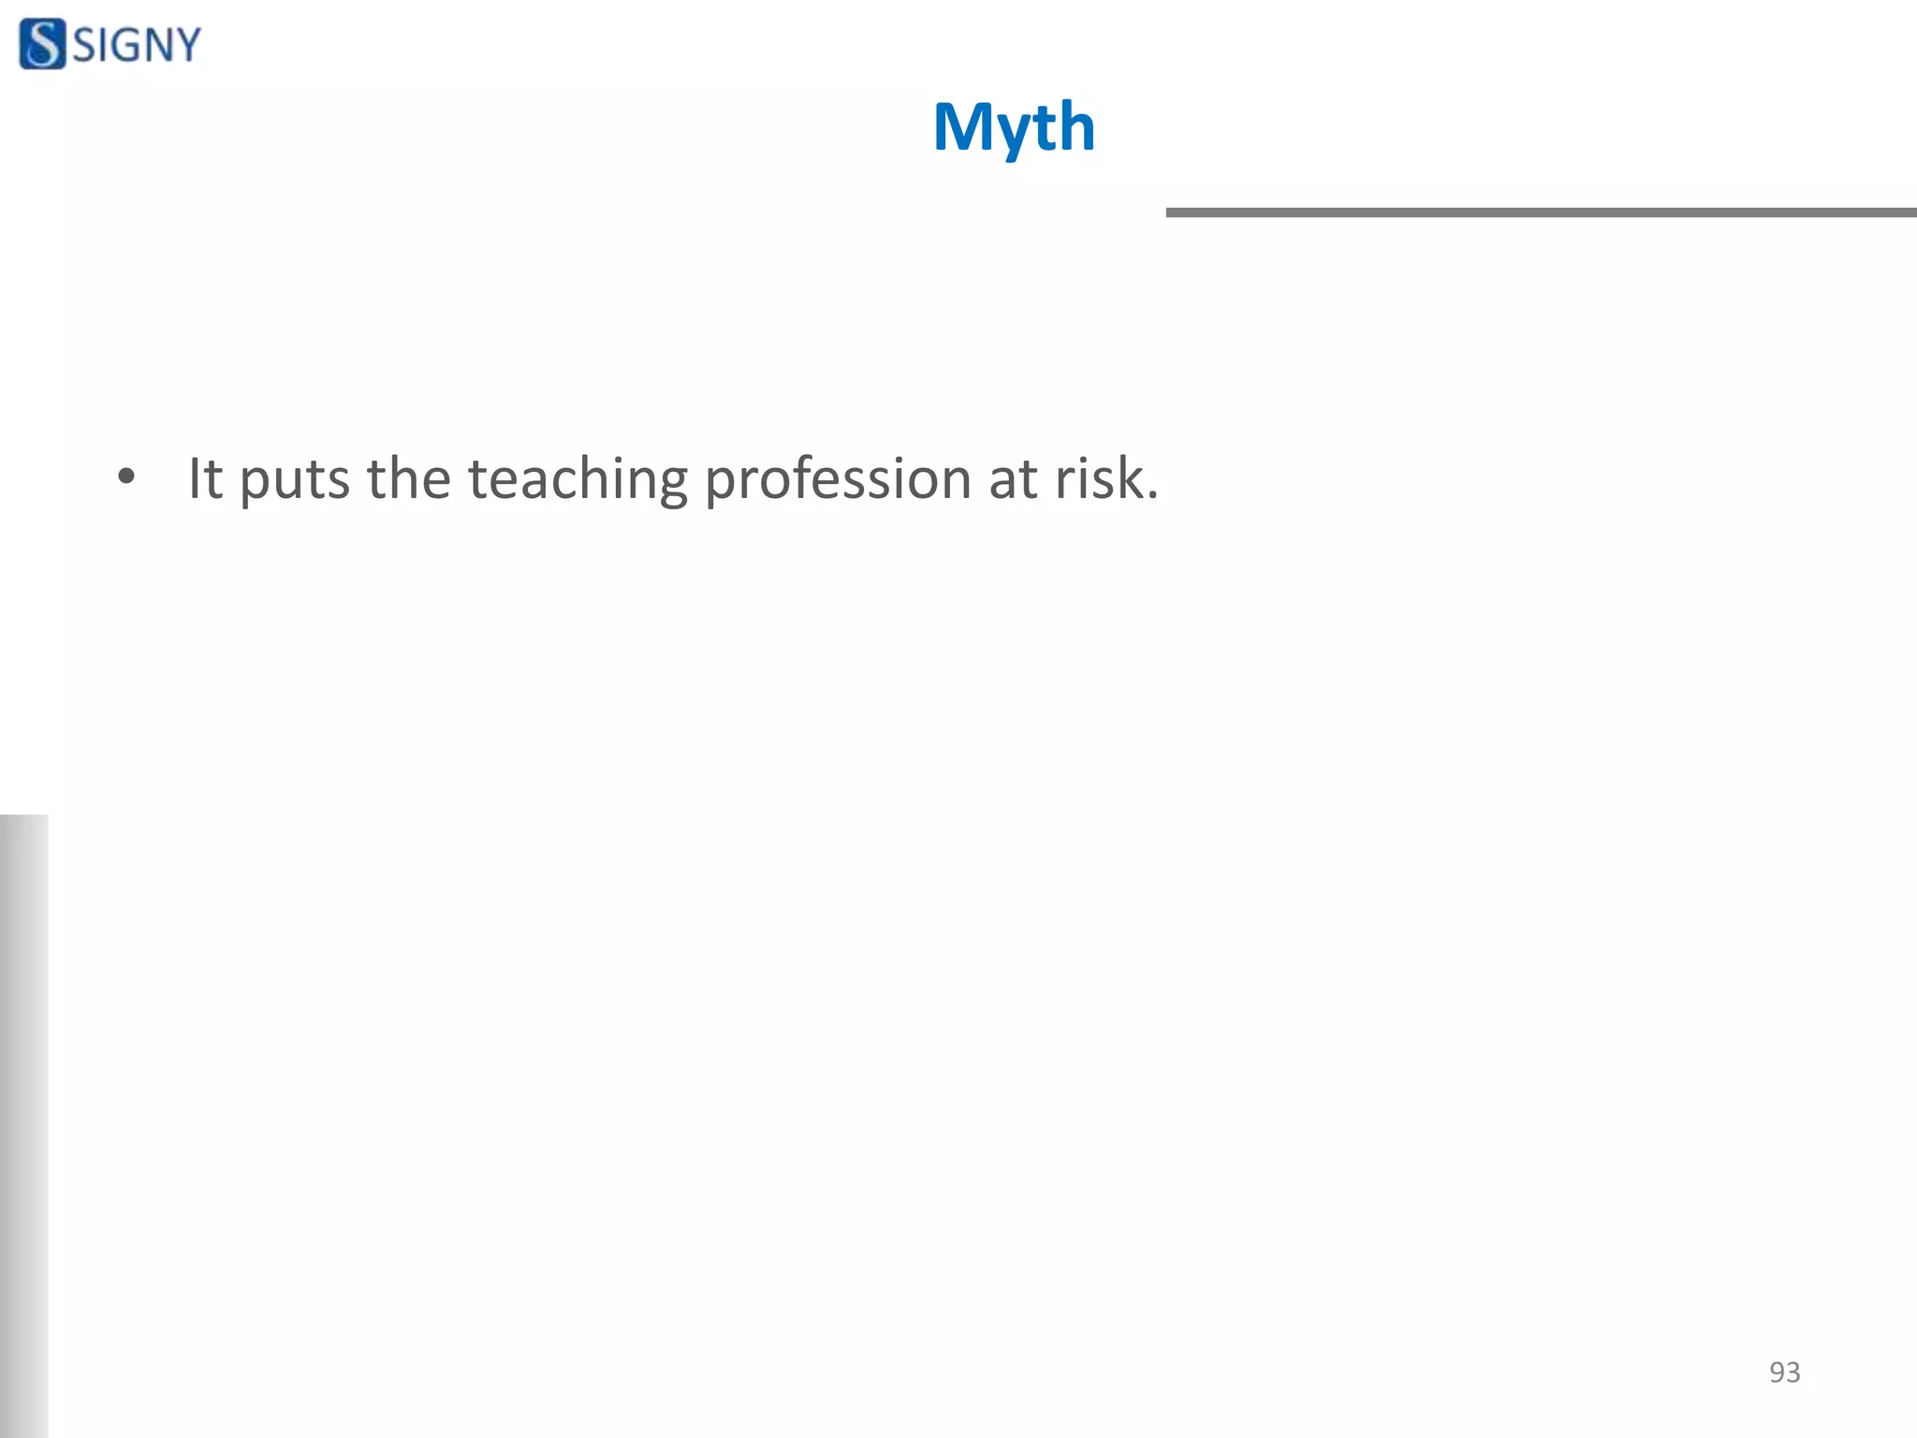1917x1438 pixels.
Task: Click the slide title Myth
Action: tap(1014, 127)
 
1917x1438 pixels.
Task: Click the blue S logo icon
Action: tap(42, 44)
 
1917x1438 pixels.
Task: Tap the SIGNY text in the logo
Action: tap(137, 45)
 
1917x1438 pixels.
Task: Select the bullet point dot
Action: tap(126, 477)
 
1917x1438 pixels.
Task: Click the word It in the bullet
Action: tap(205, 478)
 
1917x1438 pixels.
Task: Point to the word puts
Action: tap(295, 480)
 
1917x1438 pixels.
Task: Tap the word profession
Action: tap(838, 480)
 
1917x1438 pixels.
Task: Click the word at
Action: tap(1012, 479)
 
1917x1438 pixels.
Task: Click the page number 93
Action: tap(1784, 1372)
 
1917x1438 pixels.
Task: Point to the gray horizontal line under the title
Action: tap(1541, 213)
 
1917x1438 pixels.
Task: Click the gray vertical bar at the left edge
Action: tap(23, 1123)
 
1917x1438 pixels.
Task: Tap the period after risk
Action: tap(1153, 496)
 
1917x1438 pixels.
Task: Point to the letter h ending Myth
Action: tap(1076, 126)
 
